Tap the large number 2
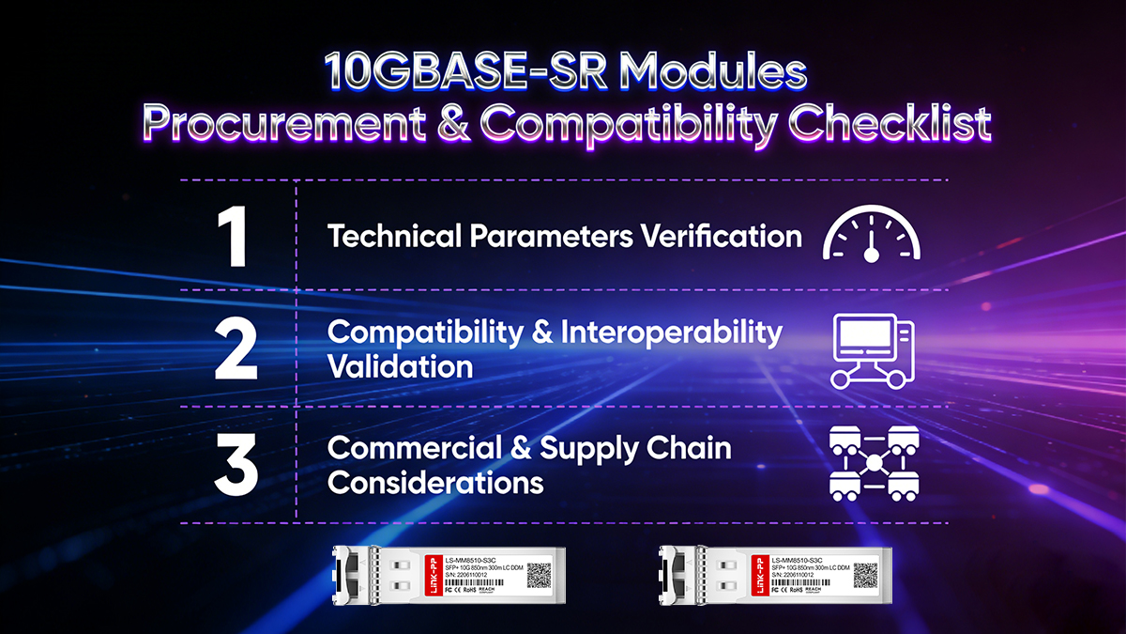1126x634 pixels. click(236, 348)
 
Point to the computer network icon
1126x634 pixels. click(872, 350)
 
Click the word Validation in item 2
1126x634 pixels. click(400, 366)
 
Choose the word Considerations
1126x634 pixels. click(435, 483)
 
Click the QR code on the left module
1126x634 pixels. click(540, 575)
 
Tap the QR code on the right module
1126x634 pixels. click(863, 575)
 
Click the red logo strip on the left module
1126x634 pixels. click(433, 576)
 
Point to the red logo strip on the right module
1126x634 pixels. click(756, 576)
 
